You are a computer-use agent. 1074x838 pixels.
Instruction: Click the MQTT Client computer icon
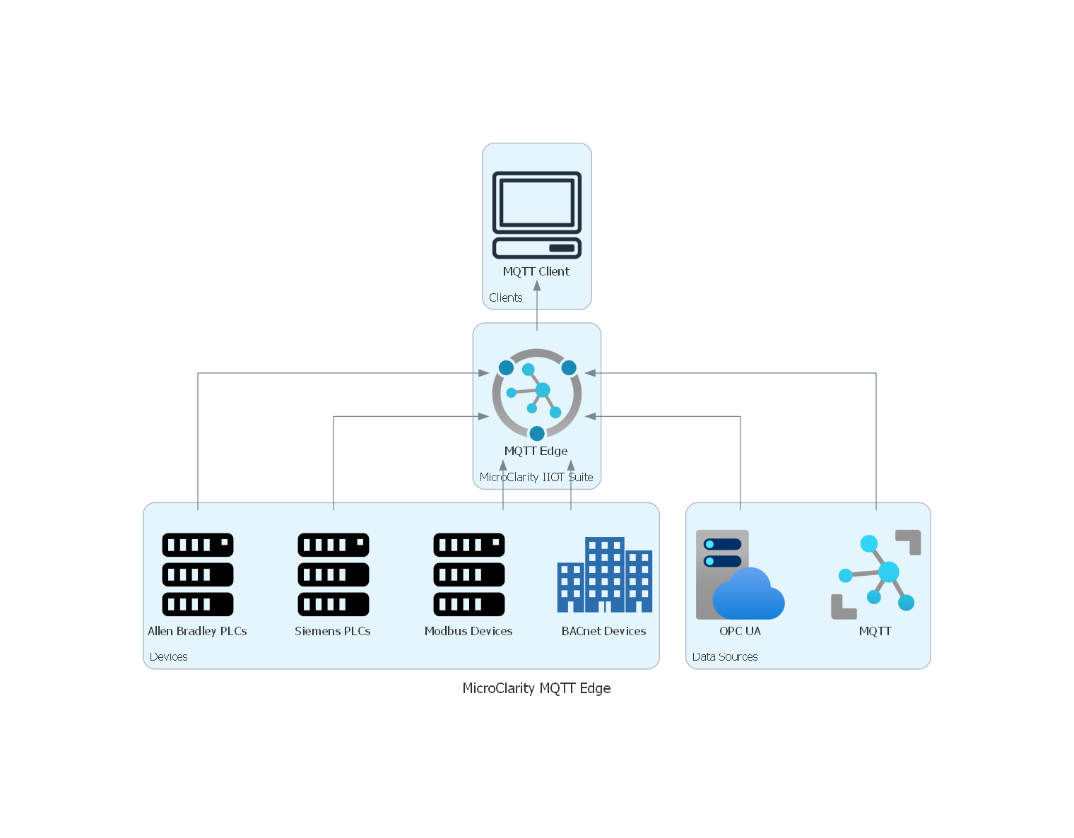(537, 215)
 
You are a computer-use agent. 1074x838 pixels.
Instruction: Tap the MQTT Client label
(536, 271)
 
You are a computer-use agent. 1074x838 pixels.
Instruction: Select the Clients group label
(506, 297)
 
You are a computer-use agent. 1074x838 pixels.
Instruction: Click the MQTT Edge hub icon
(537, 394)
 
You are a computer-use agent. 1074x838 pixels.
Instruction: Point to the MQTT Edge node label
(536, 451)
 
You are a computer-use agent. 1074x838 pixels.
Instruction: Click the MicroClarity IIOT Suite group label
(536, 477)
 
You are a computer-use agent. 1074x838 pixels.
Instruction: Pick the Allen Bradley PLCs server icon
(198, 574)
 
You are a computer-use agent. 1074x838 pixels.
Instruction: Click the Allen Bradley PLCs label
(197, 631)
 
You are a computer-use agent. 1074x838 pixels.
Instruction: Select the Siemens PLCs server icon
(334, 574)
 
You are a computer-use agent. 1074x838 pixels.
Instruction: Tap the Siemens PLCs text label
(332, 631)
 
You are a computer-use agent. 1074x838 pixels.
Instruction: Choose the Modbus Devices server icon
(469, 574)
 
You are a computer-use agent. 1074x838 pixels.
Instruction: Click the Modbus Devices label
(468, 631)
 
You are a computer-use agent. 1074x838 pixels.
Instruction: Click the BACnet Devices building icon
(604, 575)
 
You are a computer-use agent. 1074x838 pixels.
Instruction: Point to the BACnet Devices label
(603, 631)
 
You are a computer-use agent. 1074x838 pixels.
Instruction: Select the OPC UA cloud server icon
(740, 574)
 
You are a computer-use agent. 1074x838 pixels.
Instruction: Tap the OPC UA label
(740, 631)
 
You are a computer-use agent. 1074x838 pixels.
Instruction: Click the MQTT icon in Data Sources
(876, 574)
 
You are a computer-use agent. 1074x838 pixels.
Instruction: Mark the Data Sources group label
(725, 656)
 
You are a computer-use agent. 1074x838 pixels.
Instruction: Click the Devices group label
(169, 656)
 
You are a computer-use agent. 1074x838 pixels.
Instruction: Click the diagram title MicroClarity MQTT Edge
(537, 688)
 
